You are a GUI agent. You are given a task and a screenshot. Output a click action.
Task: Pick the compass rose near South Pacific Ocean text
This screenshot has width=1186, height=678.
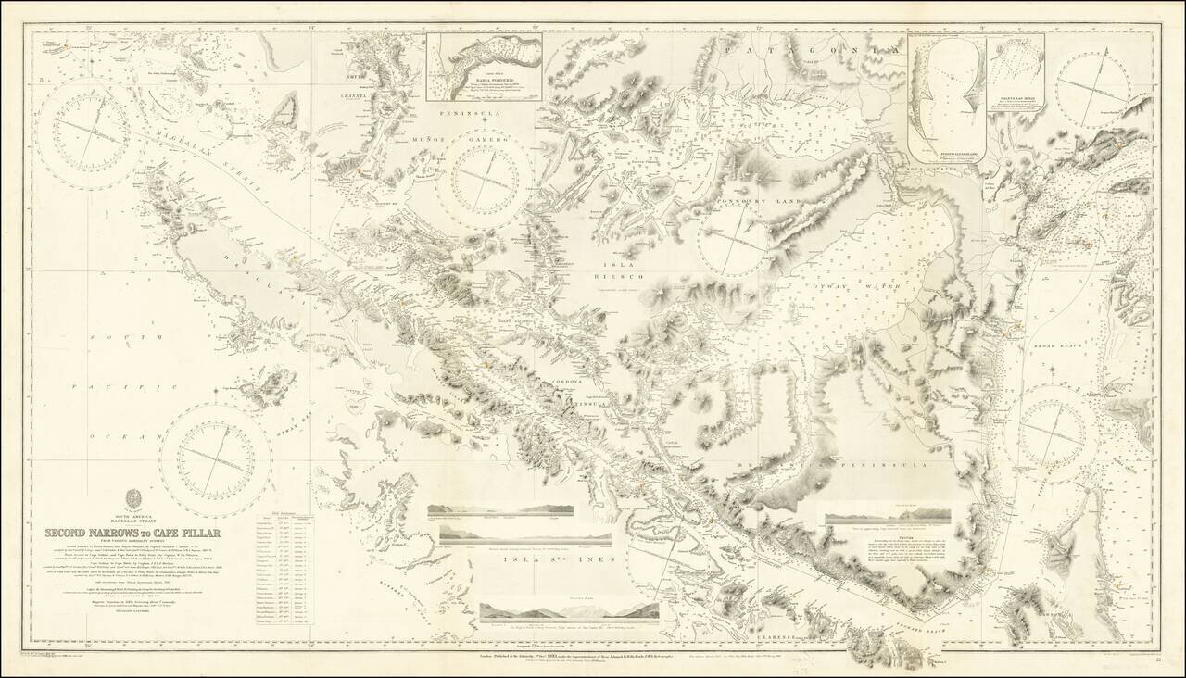point(215,454)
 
